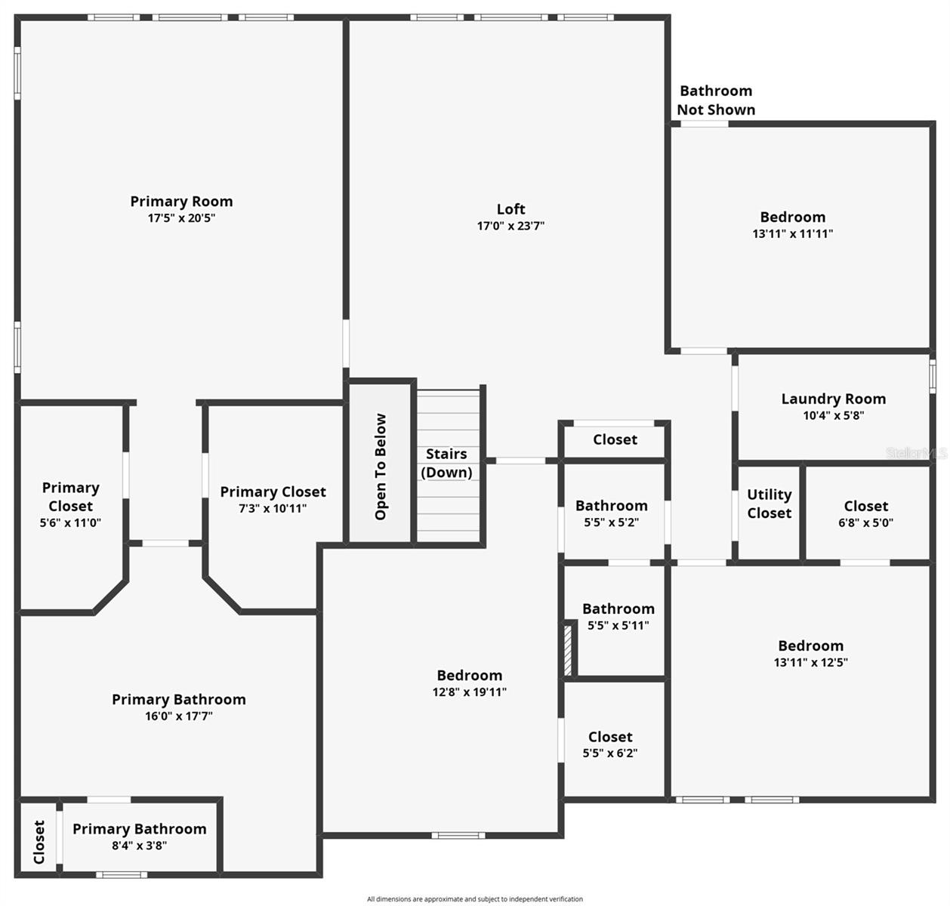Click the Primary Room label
point(181,202)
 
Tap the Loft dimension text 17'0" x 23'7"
point(510,226)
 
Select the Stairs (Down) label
point(446,463)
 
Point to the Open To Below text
point(381,467)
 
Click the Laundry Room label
point(833,399)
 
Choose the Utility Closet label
point(769,504)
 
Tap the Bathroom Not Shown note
point(716,100)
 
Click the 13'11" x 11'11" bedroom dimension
point(792,234)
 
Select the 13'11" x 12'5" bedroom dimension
point(810,663)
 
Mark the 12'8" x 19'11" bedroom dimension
point(469,692)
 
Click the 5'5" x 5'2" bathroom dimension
point(611,522)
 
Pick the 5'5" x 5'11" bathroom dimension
point(618,626)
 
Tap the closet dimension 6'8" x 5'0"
point(865,522)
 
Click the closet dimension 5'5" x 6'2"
point(609,753)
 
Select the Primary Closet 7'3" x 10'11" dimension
point(273,509)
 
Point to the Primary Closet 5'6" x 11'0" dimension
point(70,523)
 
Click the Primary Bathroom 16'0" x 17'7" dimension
point(178,716)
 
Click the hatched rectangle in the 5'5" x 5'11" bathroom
point(569,650)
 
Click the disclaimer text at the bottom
point(474,899)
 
